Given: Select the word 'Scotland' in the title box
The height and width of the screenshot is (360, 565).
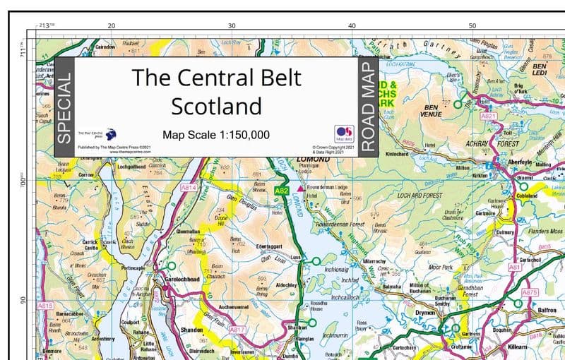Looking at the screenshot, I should [x=216, y=107].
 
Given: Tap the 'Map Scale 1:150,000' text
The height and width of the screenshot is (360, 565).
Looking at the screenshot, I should [x=216, y=134].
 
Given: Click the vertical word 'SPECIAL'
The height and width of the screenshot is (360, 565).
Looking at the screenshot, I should [x=63, y=107].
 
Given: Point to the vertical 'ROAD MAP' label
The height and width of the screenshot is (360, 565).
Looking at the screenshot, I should [x=367, y=107].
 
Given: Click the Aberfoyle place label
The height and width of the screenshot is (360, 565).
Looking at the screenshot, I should [x=525, y=162].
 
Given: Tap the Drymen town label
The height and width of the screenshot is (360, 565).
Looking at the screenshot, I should [x=425, y=311].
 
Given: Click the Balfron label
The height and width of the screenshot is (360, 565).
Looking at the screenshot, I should [x=547, y=310].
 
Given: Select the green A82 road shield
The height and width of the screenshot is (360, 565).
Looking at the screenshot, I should [x=282, y=191].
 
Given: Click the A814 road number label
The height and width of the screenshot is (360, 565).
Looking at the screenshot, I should [x=189, y=188].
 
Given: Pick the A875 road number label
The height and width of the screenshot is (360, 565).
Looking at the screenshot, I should [x=530, y=292].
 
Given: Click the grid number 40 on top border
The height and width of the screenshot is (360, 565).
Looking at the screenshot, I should [x=352, y=26].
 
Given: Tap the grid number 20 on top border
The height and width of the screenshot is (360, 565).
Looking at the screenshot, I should [x=111, y=26].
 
